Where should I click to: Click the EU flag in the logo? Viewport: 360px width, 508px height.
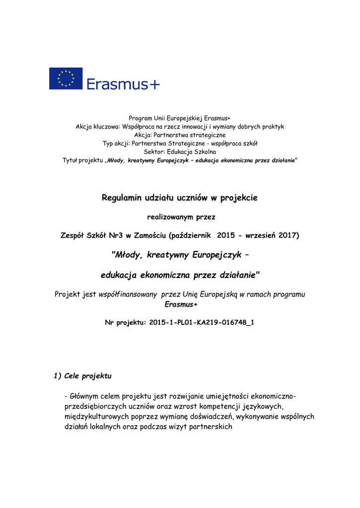[66, 78]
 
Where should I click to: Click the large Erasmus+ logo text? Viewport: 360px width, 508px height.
[124, 84]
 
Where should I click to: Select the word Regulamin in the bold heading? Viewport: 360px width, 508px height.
[123, 198]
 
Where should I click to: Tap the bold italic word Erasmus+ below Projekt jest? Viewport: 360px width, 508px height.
[179, 304]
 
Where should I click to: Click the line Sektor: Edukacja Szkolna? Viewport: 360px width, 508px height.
[180, 152]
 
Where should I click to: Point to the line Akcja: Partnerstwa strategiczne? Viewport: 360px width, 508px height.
[180, 135]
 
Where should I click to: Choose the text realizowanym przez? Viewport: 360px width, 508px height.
[180, 217]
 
